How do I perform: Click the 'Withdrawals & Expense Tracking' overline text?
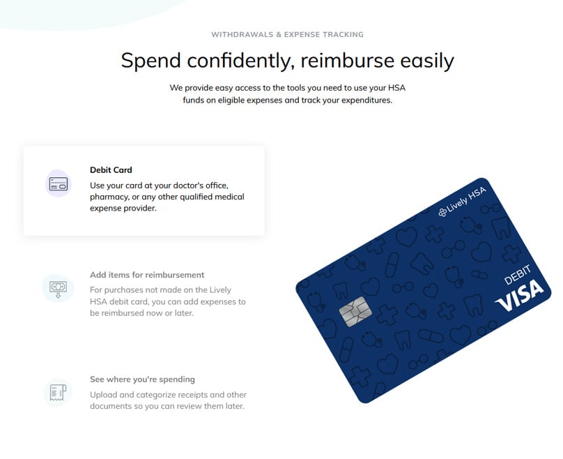287,34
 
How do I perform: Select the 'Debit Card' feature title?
111,170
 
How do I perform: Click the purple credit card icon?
59,183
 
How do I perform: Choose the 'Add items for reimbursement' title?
147,275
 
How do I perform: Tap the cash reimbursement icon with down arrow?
58,289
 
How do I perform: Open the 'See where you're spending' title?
142,379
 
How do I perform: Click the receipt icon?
58,393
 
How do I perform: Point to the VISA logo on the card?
519,296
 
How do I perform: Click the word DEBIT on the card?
518,275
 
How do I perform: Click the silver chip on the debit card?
355,312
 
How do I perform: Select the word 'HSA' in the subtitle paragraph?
396,88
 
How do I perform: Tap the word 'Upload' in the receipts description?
103,395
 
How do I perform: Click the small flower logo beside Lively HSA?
442,213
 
